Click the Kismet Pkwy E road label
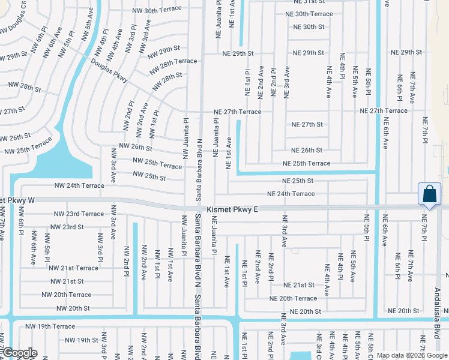[232, 209]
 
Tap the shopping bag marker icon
[430, 194]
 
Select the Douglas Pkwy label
[110, 70]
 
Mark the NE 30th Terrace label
[309, 14]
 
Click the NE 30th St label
[309, 27]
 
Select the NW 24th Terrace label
[79, 185]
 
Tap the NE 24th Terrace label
[291, 194]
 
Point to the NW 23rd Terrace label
[79, 214]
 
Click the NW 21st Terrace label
[73, 268]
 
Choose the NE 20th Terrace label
[293, 298]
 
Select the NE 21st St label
[299, 285]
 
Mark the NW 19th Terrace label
[50, 326]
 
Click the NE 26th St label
[307, 150]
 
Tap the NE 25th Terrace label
[306, 163]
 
